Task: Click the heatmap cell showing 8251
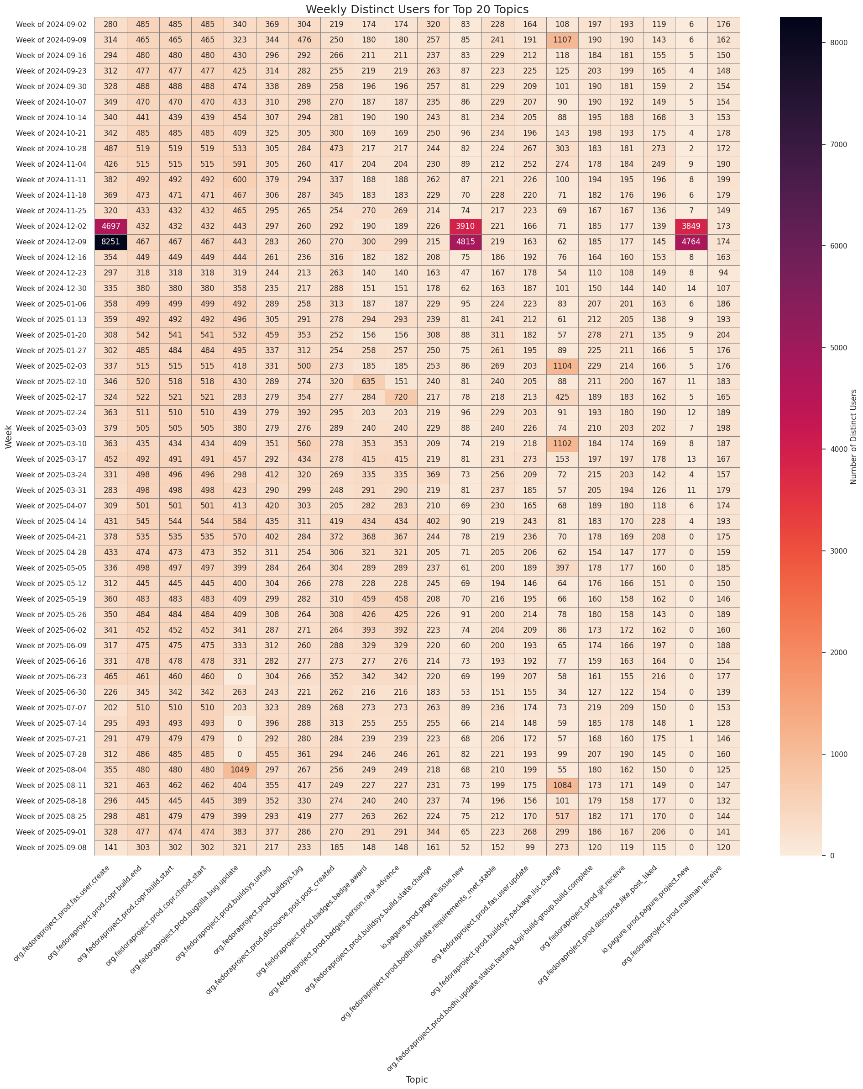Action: click(x=110, y=242)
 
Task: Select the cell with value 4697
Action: click(x=110, y=226)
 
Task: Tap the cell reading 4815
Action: click(x=465, y=242)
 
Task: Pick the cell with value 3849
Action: click(x=691, y=226)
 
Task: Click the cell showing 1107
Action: click(x=562, y=40)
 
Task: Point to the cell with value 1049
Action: click(x=240, y=770)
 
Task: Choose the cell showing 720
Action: click(x=401, y=397)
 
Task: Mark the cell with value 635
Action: click(x=368, y=381)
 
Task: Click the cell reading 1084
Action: click(x=562, y=785)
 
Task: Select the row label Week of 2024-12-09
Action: click(x=51, y=242)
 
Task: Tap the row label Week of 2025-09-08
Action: click(x=51, y=847)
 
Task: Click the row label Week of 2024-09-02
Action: click(x=51, y=24)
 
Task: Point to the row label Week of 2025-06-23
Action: click(x=51, y=677)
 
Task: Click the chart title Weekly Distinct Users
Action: click(x=417, y=9)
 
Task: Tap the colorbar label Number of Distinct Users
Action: click(x=853, y=437)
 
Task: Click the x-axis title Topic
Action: click(x=417, y=1079)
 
